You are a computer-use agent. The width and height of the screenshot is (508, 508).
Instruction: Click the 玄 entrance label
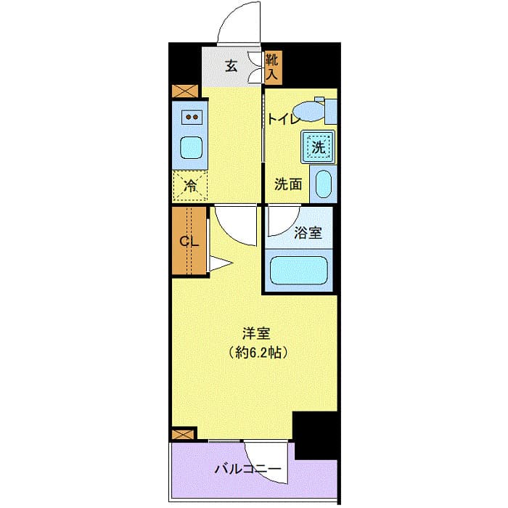[x=231, y=66]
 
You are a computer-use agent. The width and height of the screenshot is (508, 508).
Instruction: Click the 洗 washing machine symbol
[x=319, y=147]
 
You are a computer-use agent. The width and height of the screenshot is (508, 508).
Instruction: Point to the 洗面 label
[x=287, y=184]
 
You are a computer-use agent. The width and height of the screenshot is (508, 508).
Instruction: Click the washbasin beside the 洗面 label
[x=324, y=184]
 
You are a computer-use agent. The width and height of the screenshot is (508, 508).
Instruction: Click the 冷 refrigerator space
[x=190, y=185]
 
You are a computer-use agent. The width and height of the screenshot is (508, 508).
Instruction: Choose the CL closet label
[x=189, y=242]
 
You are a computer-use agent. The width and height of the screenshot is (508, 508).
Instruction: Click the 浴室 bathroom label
[x=308, y=233]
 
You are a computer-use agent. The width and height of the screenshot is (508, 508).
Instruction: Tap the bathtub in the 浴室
[x=300, y=270]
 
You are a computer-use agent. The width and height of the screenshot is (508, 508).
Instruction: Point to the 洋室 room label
[x=255, y=335]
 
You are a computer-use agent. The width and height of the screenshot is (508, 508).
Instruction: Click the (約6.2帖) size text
[x=255, y=354]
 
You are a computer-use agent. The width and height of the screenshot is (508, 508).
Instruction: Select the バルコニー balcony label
[x=247, y=470]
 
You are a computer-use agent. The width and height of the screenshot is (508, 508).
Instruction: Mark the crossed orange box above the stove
[x=184, y=92]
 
